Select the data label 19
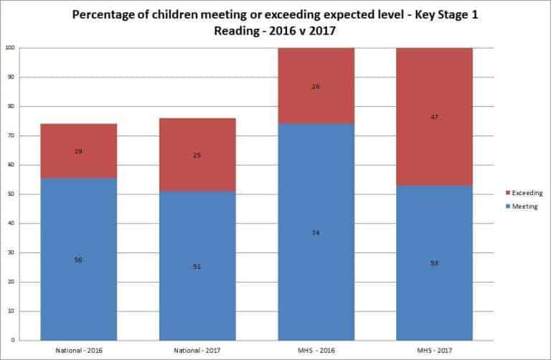tap(78, 152)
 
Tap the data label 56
tap(78, 260)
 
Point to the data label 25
tap(197, 155)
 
